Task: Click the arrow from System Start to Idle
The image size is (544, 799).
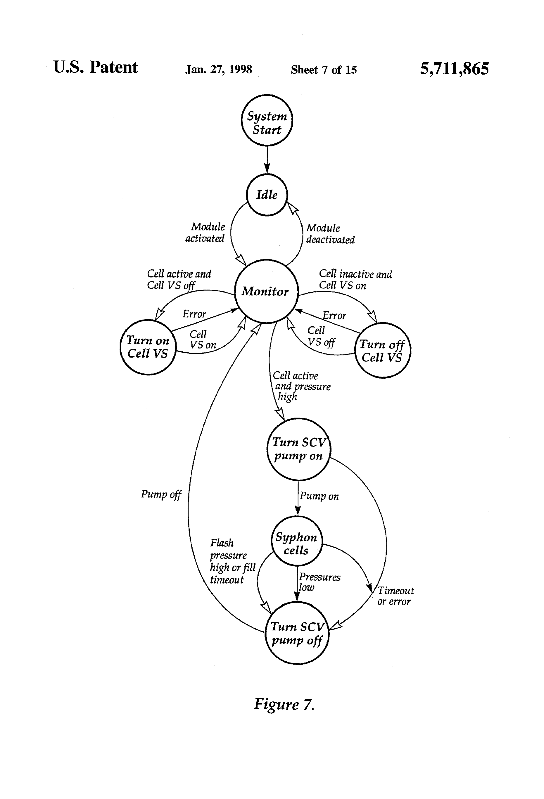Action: (x=267, y=160)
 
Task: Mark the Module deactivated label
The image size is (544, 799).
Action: (x=330, y=234)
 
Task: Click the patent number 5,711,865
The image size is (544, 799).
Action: (x=454, y=68)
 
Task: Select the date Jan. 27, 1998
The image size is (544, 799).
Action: (x=219, y=70)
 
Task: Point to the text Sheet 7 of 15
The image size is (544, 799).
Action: (x=324, y=70)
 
